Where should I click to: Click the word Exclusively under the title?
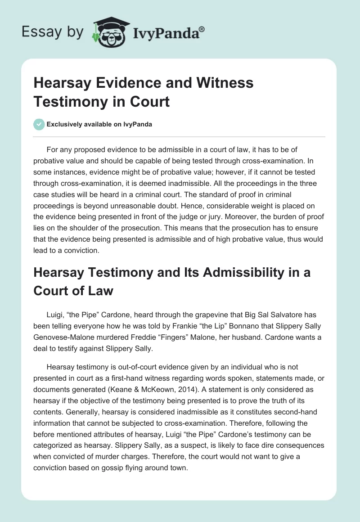pos(67,125)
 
